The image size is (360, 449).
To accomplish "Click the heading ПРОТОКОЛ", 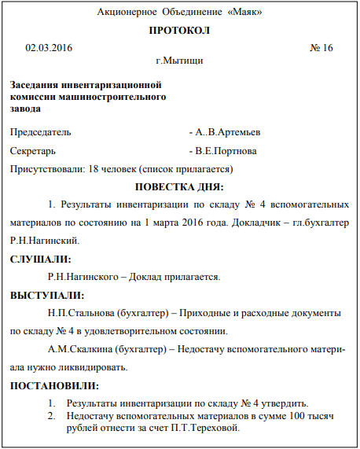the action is tap(179, 31).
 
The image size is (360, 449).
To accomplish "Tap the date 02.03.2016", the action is tap(49, 48).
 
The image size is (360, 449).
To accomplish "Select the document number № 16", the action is tap(322, 48).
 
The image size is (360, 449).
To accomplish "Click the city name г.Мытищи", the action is tap(180, 60).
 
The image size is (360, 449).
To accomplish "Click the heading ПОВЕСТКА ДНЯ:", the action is tap(179, 186).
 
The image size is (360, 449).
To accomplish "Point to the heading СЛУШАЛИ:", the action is tap(40, 259).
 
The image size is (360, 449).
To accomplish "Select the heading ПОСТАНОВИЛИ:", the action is tap(54, 385).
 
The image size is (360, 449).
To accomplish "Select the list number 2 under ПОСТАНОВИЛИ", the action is tap(51, 415).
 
